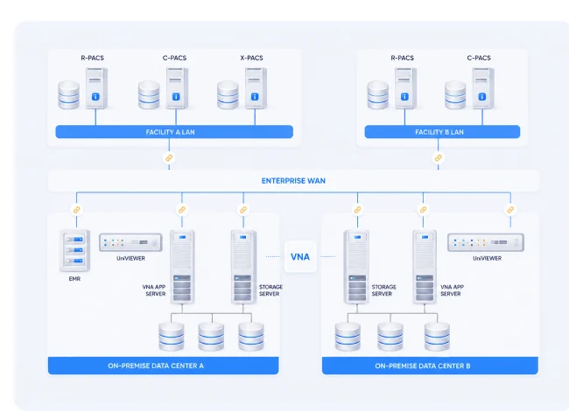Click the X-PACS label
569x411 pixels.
251,58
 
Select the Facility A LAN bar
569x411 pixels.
174,132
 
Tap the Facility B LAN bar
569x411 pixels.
442,132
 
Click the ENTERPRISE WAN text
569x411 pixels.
293,180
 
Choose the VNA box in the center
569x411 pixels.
300,256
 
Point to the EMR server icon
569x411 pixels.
74,250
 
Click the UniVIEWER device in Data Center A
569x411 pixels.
130,242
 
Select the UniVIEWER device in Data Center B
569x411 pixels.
486,242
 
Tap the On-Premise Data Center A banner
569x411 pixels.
164,366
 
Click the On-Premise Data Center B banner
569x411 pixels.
430,366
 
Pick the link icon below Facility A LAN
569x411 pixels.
169,158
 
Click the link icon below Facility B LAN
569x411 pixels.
439,158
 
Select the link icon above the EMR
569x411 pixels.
76,210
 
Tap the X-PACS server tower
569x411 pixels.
256,88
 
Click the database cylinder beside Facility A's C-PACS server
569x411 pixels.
149,95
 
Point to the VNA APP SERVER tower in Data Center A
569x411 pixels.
182,267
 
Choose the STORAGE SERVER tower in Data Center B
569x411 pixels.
356,267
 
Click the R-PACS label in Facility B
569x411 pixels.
402,58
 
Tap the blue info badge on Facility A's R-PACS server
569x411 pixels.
95,97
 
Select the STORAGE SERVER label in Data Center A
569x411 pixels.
270,290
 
